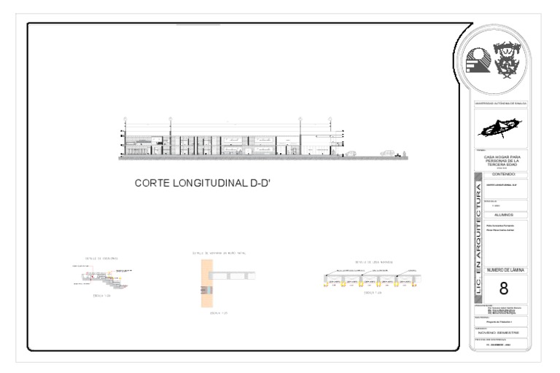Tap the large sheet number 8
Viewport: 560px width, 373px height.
pyautogui.click(x=503, y=289)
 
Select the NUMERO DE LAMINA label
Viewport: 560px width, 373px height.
pyautogui.click(x=503, y=270)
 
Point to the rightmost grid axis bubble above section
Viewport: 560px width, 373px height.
pyautogui.click(x=344, y=118)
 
